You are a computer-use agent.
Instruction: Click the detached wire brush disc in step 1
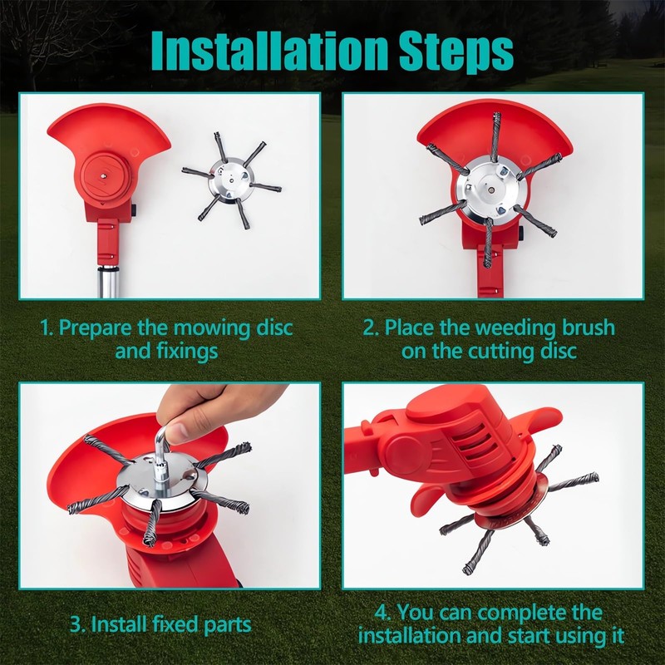(232, 180)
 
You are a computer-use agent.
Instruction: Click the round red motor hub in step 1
(103, 175)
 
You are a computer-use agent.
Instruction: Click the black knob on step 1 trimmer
(135, 210)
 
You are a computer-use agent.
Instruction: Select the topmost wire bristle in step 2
(495, 136)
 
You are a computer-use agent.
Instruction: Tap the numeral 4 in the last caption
(381, 613)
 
